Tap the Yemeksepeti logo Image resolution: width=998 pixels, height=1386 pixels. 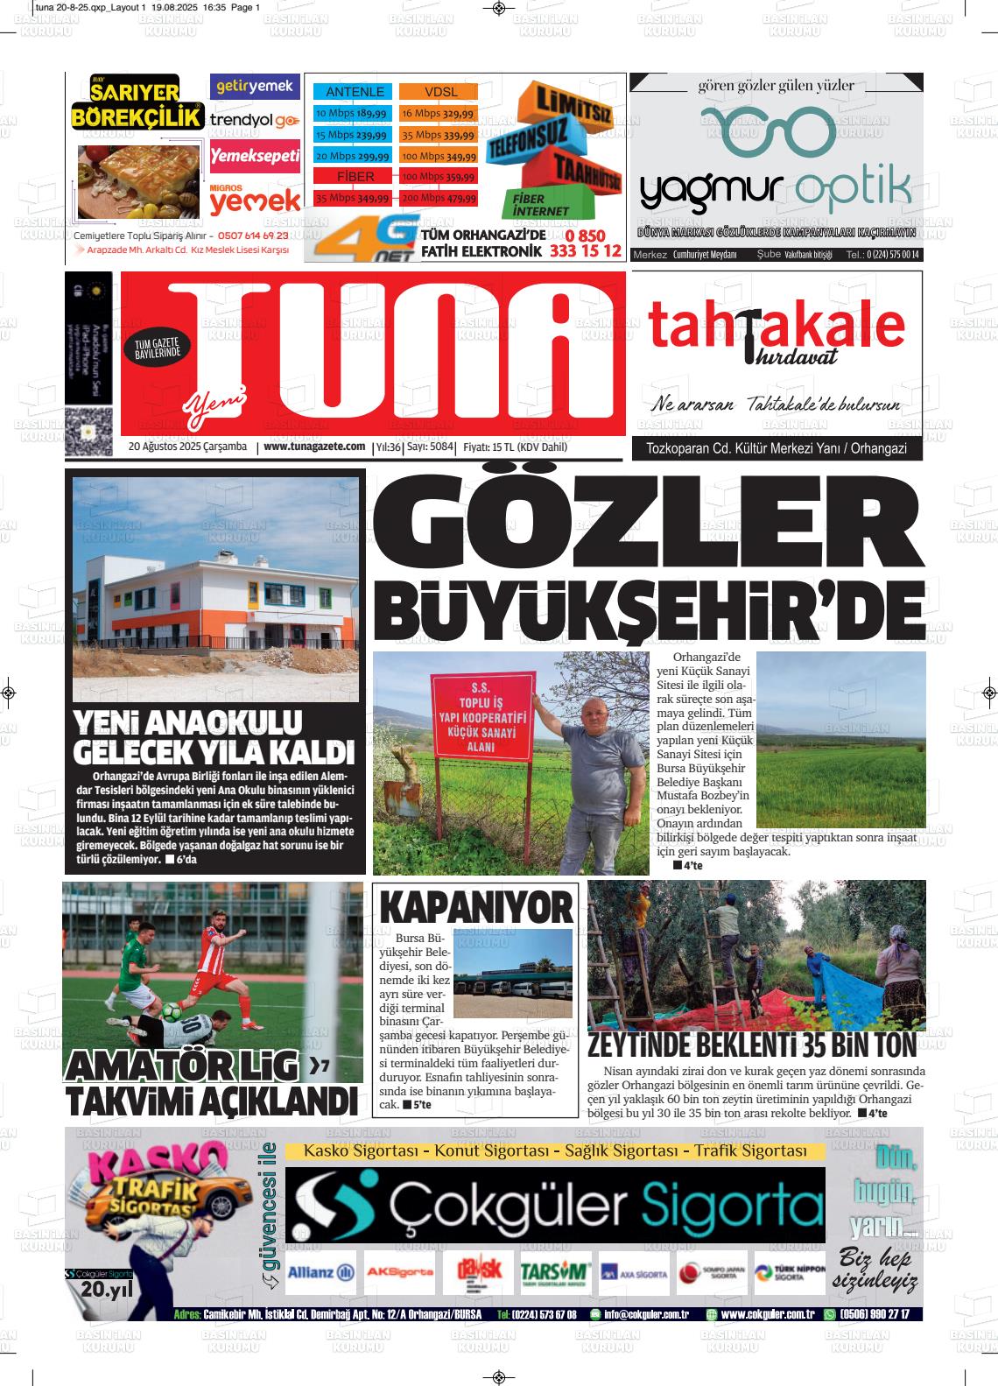256,156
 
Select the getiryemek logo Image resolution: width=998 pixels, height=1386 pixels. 255,87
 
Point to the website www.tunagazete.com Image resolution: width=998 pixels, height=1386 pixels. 314,447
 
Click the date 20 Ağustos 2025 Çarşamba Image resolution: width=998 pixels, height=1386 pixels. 187,447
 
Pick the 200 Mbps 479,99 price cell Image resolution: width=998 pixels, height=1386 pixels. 439,199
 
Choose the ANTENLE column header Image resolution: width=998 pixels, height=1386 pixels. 355,92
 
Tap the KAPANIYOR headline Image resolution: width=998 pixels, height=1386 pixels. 476,907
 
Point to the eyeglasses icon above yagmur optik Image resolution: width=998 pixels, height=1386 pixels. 770,130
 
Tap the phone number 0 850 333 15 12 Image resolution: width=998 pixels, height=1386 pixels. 585,244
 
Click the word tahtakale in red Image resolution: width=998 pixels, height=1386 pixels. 776,326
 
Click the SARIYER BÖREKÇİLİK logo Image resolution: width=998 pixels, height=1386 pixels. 137,102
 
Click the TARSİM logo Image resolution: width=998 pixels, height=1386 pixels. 555,1273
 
